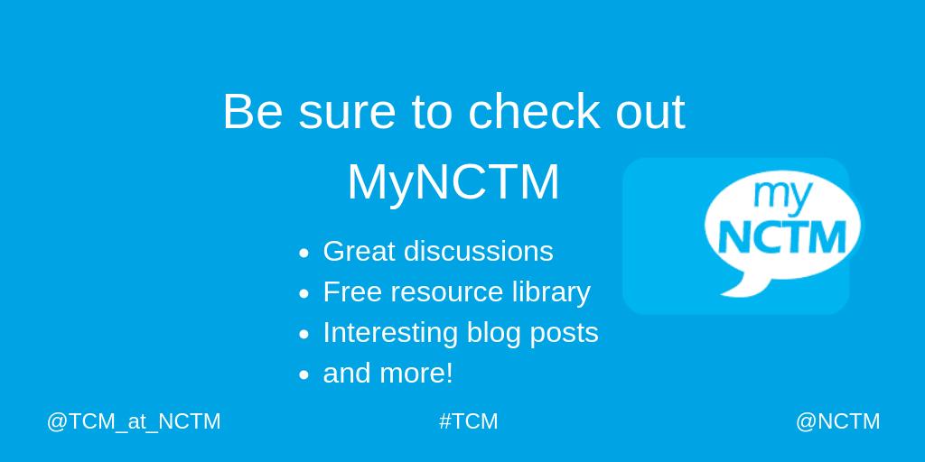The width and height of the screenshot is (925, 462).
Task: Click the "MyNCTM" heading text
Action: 453,181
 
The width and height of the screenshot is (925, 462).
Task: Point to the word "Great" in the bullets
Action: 359,251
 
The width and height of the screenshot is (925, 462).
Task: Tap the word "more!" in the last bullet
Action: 422,374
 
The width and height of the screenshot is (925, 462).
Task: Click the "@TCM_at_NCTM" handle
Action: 134,421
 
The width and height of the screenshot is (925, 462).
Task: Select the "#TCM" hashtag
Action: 469,421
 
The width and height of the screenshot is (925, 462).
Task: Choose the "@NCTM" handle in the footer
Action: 837,421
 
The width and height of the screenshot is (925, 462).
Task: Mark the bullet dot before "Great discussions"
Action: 304,254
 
